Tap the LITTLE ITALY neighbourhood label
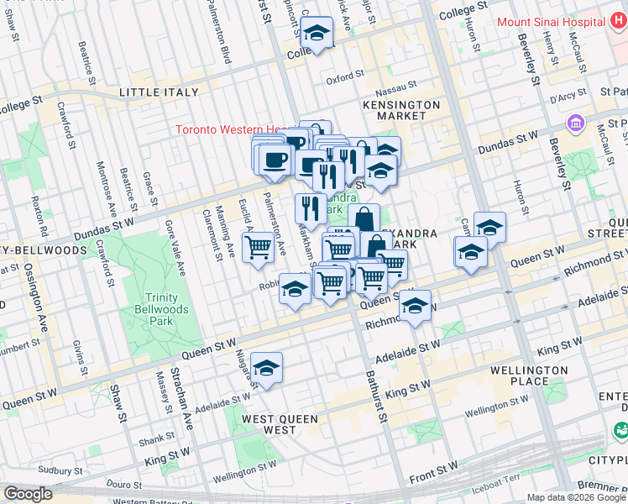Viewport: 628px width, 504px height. point(160,92)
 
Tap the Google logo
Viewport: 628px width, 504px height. point(28,494)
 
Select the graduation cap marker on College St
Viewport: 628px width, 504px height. point(316,35)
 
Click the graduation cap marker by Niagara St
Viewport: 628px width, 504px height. point(266,368)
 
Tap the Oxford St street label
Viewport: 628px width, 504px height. point(344,81)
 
